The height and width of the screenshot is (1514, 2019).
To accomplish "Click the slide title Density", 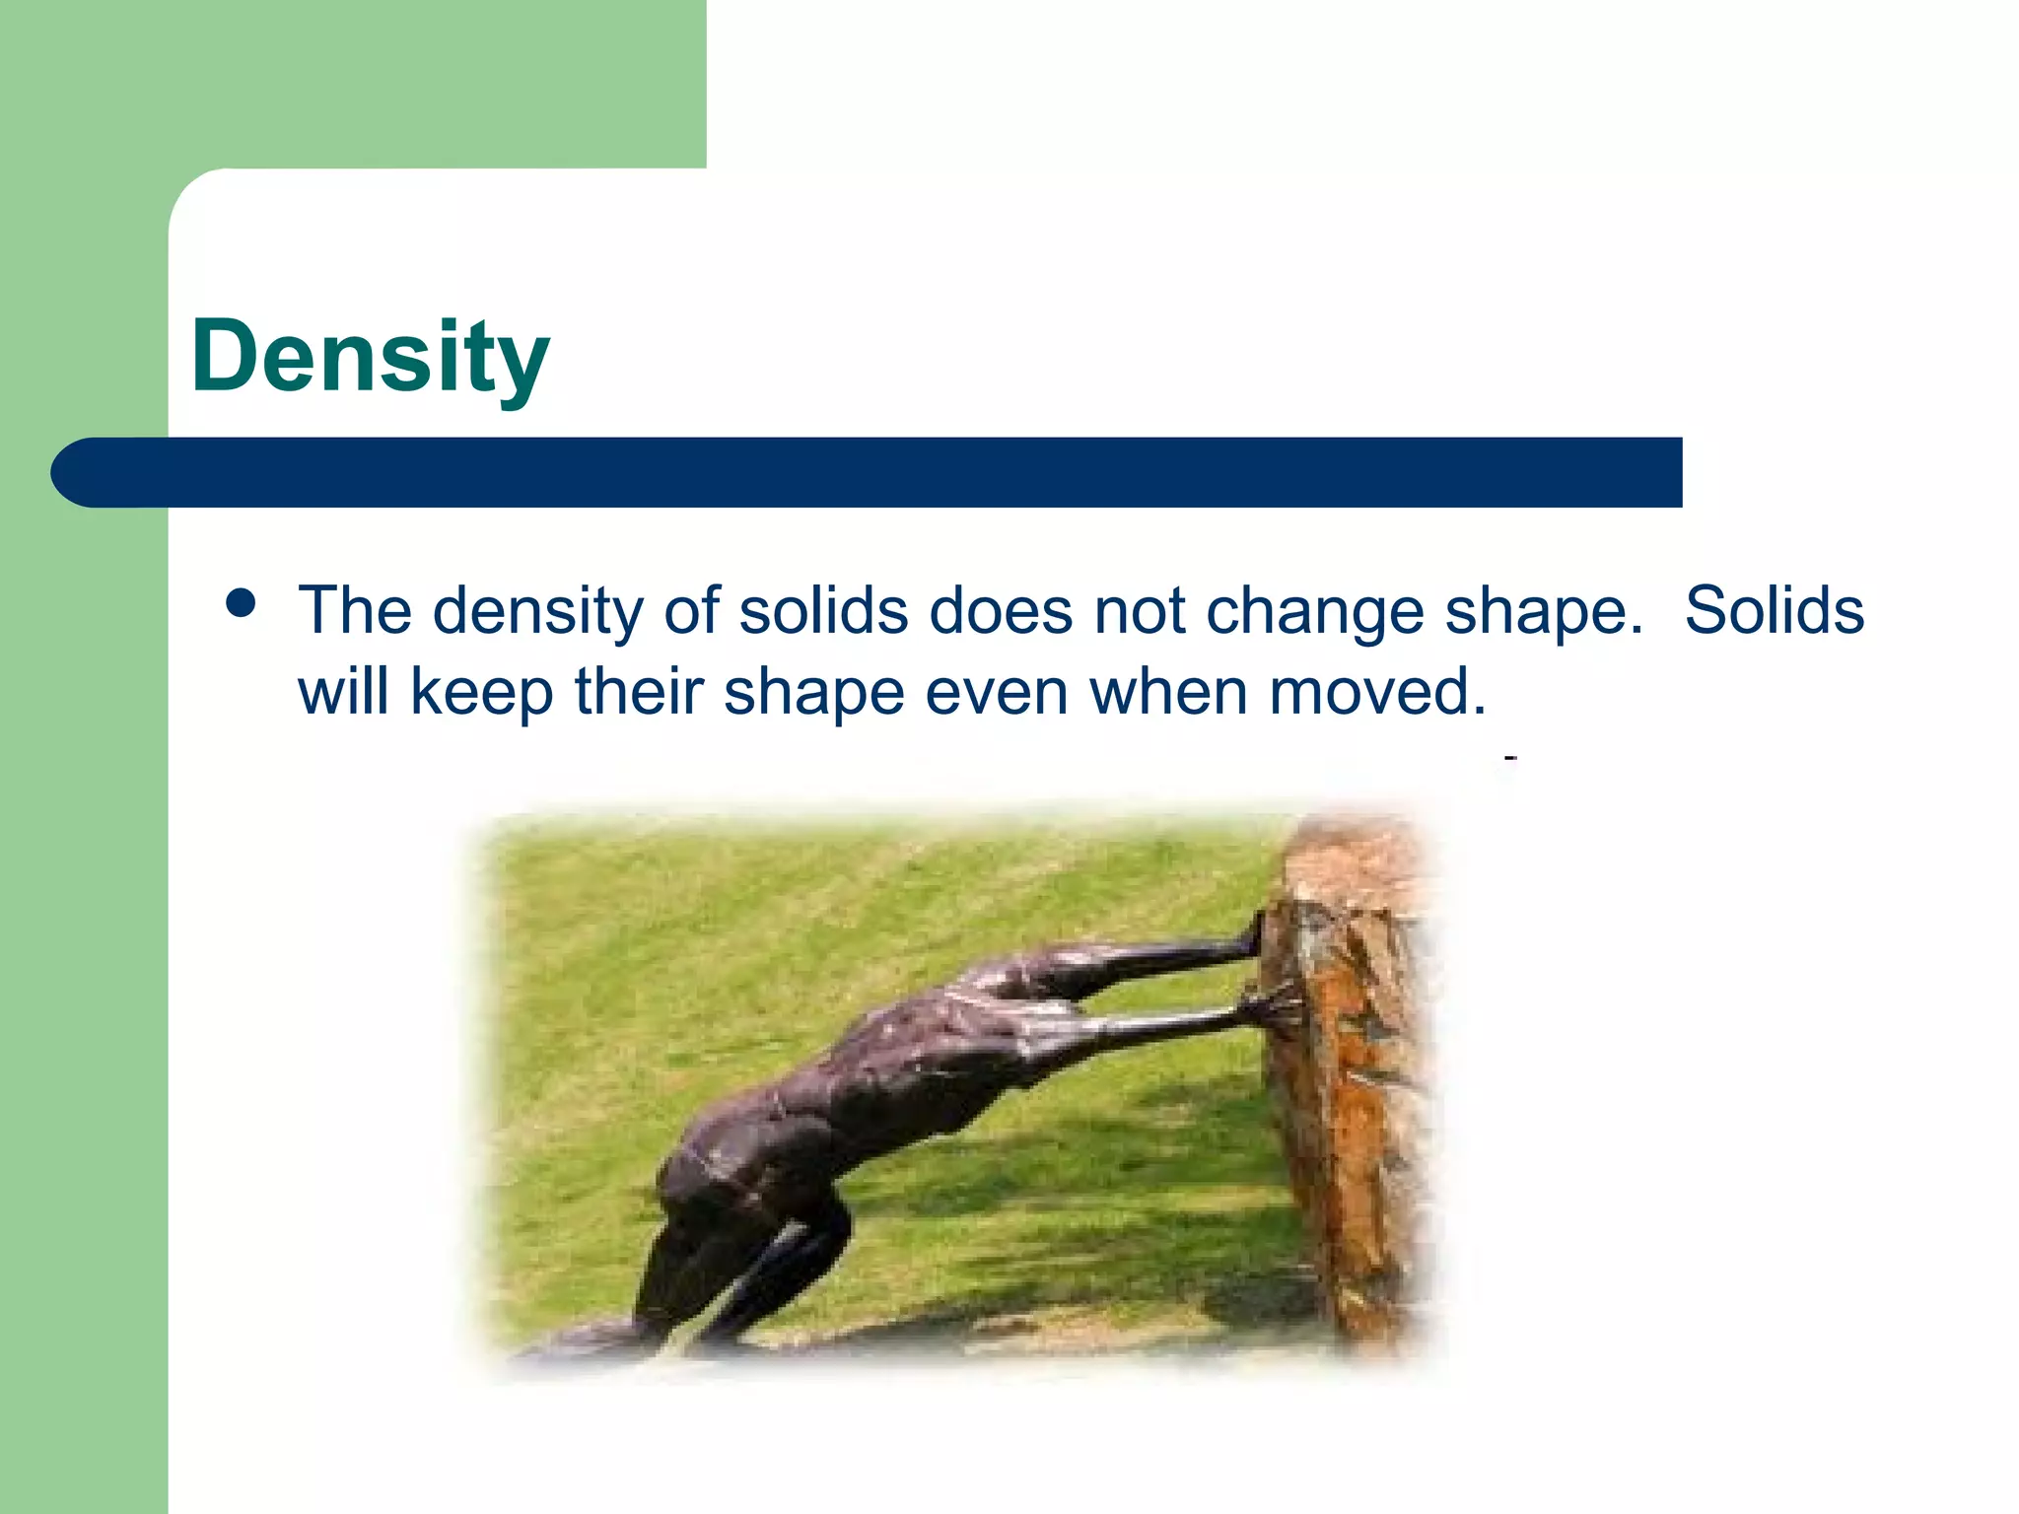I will (370, 357).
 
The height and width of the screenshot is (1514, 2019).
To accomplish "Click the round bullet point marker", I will (241, 602).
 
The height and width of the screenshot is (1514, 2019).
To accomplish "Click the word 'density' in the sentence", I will (537, 611).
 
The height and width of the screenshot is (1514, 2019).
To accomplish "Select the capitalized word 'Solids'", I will (1774, 610).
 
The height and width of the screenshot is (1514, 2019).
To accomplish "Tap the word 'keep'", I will (481, 691).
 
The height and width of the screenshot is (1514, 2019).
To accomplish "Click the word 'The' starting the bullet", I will (355, 610).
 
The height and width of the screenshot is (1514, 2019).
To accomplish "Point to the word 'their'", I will (639, 691).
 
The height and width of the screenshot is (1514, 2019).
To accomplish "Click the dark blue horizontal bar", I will (868, 472).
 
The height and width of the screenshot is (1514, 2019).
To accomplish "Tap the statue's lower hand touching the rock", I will (1272, 1007).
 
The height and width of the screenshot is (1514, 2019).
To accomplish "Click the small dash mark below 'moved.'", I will (1510, 758).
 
